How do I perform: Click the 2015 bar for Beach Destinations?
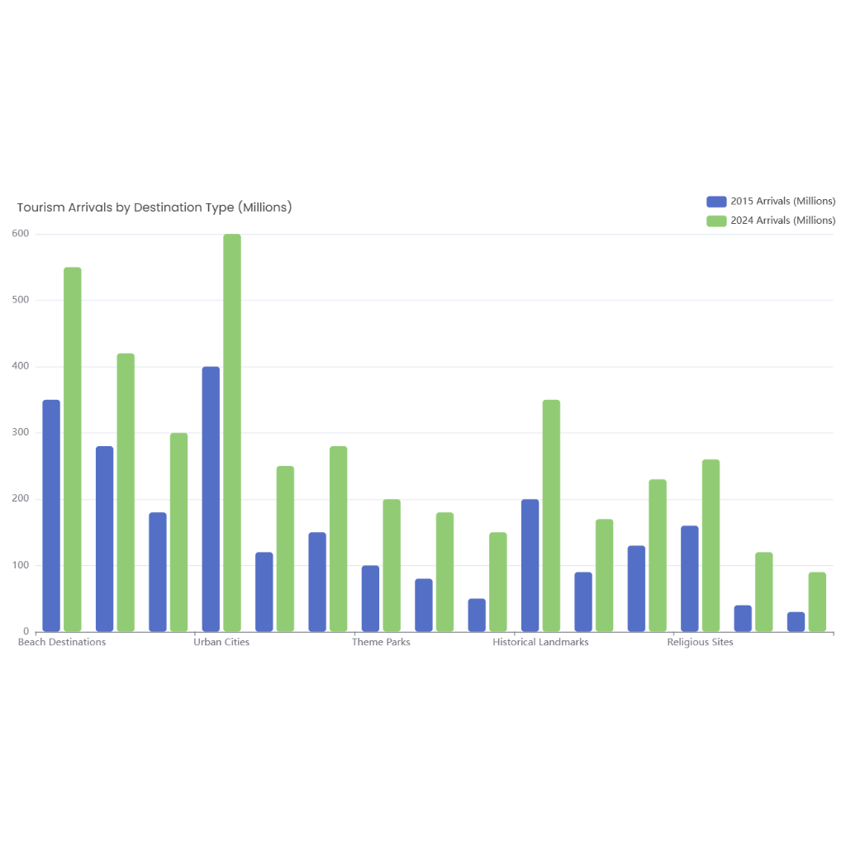(x=51, y=516)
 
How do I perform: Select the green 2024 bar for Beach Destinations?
(x=73, y=449)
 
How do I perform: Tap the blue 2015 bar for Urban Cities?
(x=211, y=499)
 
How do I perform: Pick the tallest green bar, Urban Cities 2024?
(x=232, y=433)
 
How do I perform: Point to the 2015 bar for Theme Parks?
(x=370, y=598)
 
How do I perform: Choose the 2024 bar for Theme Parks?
(x=392, y=565)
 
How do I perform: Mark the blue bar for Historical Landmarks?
(x=530, y=565)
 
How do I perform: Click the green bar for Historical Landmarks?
(x=551, y=516)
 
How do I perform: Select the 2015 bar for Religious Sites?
(x=689, y=578)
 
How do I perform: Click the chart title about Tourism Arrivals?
(x=154, y=207)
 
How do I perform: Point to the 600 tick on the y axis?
(x=21, y=234)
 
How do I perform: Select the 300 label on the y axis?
(x=21, y=433)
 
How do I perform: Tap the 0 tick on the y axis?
(x=26, y=632)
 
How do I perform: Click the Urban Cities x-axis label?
(x=221, y=642)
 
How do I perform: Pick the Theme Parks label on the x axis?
(x=381, y=642)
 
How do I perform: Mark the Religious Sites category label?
(x=700, y=642)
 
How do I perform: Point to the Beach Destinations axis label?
(x=62, y=642)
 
